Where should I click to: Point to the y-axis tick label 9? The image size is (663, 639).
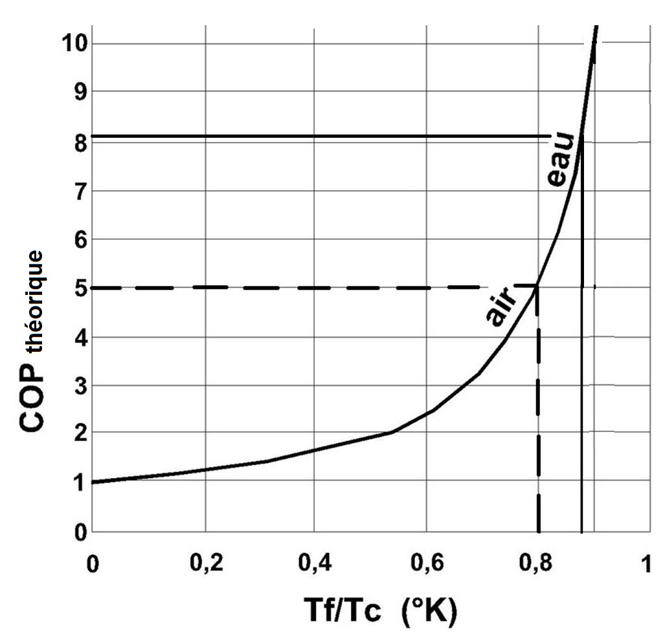78,91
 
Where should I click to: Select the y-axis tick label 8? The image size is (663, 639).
78,142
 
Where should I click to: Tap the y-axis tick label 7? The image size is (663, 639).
78,191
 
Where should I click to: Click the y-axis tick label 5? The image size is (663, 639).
78,288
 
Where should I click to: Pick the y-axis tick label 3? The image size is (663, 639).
78,386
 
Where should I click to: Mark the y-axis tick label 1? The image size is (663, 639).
78,482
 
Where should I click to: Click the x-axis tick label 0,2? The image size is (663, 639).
205,564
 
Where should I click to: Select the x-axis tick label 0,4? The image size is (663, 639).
314,564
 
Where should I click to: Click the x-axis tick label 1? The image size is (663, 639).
646,564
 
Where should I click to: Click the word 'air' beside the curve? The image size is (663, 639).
500,310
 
